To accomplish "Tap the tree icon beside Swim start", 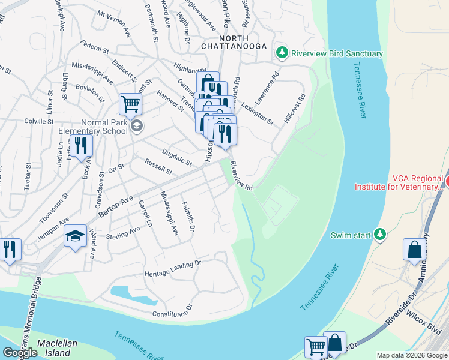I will click(x=379, y=235).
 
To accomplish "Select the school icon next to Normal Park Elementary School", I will click(x=137, y=125).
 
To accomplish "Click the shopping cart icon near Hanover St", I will click(x=130, y=104).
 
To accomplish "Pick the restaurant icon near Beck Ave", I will click(x=80, y=145).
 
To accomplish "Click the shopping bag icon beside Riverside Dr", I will click(x=415, y=250).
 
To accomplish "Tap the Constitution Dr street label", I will click(x=172, y=311).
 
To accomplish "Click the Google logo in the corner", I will click(x=20, y=353).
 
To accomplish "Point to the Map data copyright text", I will click(x=412, y=355).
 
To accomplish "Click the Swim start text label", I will click(x=351, y=235).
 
